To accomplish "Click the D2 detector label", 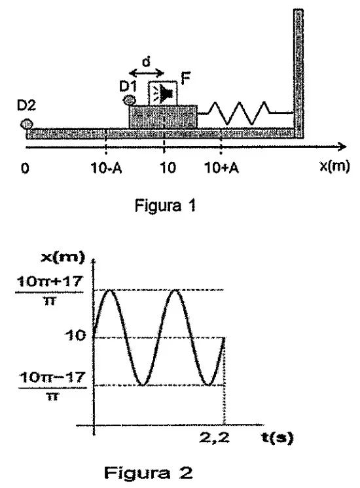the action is tap(26, 105).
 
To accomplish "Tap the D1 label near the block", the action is tap(128, 86).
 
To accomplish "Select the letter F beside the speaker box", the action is tap(185, 78).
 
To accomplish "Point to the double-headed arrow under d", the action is tap(147, 73).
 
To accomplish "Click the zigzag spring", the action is tap(245, 113).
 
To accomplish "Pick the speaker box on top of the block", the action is tap(163, 94).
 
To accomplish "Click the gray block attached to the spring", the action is tap(163, 116).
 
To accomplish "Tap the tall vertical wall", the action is tap(298, 73).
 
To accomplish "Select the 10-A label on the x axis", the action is tap(106, 168).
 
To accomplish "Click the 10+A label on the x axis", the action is tap(221, 168).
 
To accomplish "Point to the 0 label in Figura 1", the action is tap(25, 168).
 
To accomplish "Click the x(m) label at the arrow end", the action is tap(334, 167).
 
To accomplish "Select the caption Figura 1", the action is tap(166, 205).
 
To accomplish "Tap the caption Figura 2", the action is tap(148, 473).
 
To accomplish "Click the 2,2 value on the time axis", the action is tap(214, 438).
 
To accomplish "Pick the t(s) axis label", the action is tap(277, 438).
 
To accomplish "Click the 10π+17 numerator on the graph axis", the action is tap(50, 282).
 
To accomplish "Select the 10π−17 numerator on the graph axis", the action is tap(52, 378).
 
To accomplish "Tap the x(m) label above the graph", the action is tap(63, 258).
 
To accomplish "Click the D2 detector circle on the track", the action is tap(26, 124).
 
